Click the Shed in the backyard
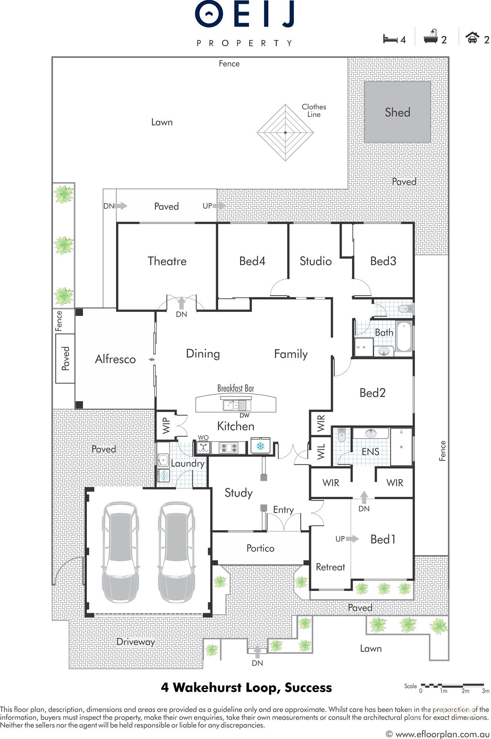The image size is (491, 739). point(397,112)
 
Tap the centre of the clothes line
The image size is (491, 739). point(285,132)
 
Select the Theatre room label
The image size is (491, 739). point(167,261)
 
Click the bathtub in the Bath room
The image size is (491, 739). point(404,336)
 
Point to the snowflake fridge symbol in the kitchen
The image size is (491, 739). point(260,446)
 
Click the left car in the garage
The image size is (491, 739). point(120,552)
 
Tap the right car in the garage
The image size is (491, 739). point(176,552)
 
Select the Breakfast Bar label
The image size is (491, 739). point(236,388)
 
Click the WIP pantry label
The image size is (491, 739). point(166,425)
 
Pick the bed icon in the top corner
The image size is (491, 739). point(390,39)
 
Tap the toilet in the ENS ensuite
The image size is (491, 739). point(341,435)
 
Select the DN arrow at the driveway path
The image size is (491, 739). point(257,653)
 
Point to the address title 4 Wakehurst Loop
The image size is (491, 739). point(246,688)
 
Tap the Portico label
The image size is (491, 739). point(260,548)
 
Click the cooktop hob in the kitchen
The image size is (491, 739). point(228,448)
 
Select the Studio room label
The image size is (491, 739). point(315,261)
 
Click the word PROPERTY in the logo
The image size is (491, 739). point(245,43)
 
